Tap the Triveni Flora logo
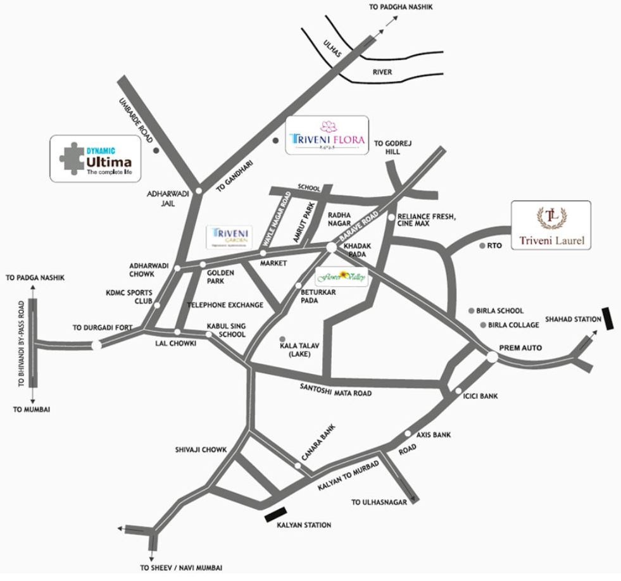327,135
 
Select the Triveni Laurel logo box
551,225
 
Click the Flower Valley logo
342,276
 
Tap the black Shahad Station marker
609,318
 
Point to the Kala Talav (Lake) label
289,350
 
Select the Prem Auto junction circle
492,358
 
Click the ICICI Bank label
481,396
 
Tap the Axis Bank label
433,435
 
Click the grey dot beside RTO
482,246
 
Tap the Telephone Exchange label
225,305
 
